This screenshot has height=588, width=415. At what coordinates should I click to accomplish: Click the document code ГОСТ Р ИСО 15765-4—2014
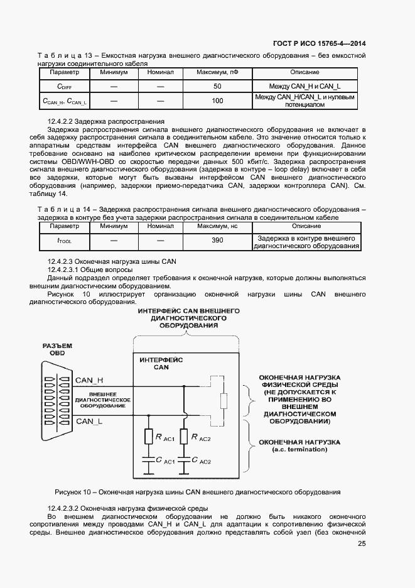(319, 43)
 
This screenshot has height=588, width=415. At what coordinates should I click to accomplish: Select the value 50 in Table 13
(217, 86)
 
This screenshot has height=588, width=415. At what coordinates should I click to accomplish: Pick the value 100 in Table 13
(217, 101)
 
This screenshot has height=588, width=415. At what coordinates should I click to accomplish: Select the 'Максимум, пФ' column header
(217, 73)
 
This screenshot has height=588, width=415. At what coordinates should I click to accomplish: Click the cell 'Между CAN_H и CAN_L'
(305, 86)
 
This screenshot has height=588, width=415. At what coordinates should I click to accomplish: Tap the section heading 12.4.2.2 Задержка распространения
(106, 121)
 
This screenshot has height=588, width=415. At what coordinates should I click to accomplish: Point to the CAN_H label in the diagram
(89, 380)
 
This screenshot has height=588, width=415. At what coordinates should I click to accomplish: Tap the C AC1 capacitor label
(166, 462)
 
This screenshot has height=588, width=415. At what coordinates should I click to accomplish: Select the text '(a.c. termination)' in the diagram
(299, 450)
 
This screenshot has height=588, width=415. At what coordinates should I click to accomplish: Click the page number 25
(361, 544)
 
